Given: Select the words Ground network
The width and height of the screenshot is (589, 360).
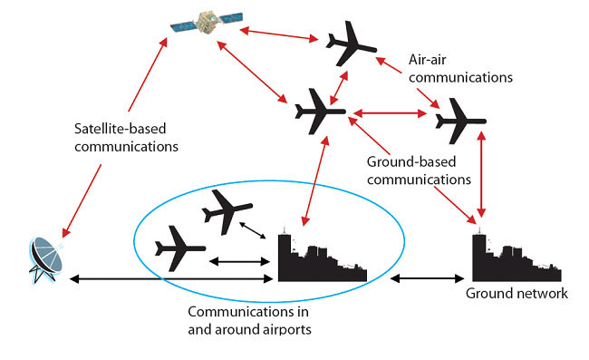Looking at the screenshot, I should (517, 294).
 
